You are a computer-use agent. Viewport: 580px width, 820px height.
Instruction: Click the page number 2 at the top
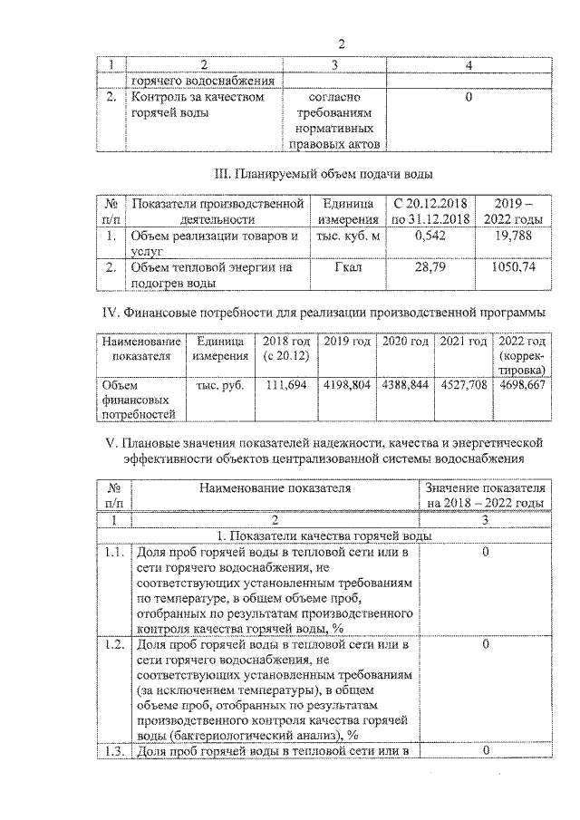click(342, 44)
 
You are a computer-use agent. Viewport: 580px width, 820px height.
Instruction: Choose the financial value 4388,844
click(405, 384)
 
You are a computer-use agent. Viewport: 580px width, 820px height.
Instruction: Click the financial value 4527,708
click(463, 384)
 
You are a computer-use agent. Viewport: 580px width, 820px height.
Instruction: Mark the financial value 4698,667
click(521, 384)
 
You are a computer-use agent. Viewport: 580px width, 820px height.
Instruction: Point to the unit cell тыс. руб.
click(220, 384)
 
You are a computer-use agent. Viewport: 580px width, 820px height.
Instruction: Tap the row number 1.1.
click(114, 552)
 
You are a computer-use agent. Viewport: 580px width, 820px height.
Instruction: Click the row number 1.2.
click(114, 644)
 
